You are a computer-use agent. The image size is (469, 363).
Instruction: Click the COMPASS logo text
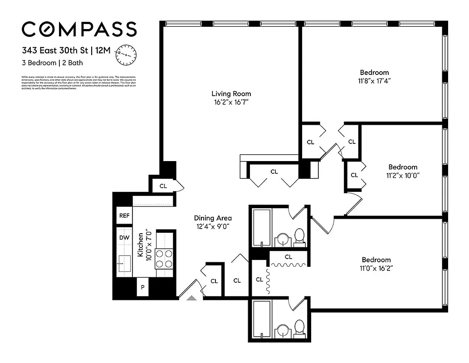pyautogui.click(x=79, y=29)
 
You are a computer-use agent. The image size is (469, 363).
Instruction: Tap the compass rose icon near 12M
pyautogui.click(x=126, y=54)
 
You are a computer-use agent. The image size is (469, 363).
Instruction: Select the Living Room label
pyautogui.click(x=231, y=94)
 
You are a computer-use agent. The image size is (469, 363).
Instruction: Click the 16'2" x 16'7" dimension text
pyautogui.click(x=231, y=103)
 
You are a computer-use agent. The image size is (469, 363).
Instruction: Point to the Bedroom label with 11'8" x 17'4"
pyautogui.click(x=374, y=72)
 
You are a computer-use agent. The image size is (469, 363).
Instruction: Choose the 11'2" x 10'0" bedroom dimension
pyautogui.click(x=403, y=175)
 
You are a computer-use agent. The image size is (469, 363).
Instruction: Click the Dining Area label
pyautogui.click(x=213, y=218)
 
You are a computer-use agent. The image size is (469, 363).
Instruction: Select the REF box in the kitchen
pyautogui.click(x=124, y=216)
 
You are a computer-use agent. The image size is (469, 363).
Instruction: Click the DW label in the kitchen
pyautogui.click(x=124, y=238)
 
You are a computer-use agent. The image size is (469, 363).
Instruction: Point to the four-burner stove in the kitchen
pyautogui.click(x=165, y=258)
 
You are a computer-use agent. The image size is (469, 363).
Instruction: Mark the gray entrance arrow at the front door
pyautogui.click(x=191, y=298)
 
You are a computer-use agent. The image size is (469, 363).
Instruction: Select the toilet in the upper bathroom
pyautogui.click(x=299, y=236)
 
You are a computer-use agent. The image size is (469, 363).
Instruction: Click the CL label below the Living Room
pyautogui.click(x=274, y=172)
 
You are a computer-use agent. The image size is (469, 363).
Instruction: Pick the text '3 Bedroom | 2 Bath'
pyautogui.click(x=52, y=63)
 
